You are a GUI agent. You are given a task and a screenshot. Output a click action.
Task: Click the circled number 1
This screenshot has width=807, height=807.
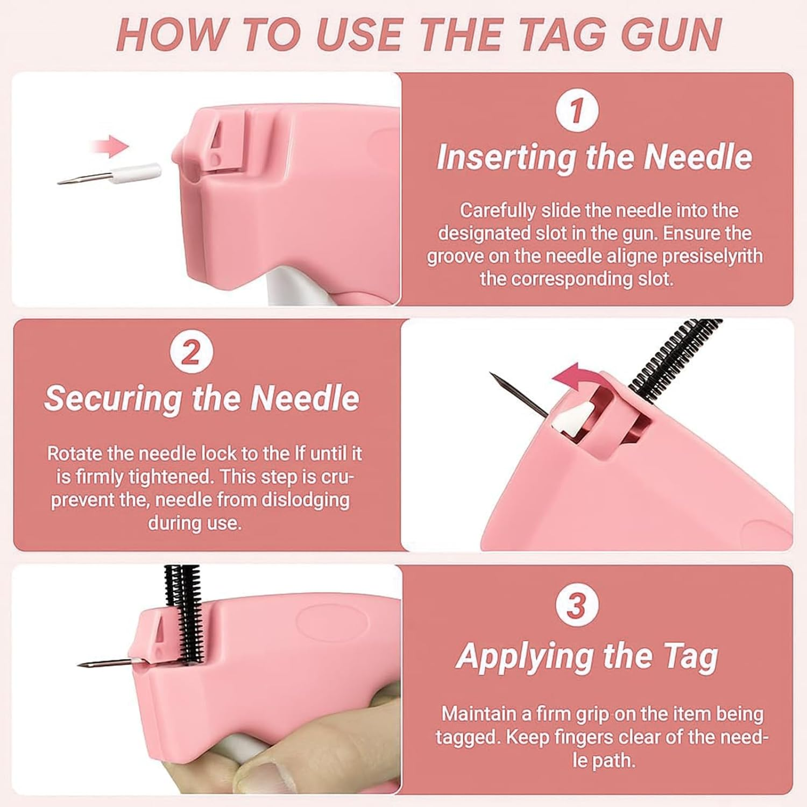[x=577, y=111]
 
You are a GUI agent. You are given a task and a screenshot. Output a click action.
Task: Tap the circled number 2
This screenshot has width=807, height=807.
[x=191, y=353]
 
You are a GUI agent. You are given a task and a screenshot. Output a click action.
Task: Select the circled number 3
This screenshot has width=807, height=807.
[x=576, y=605]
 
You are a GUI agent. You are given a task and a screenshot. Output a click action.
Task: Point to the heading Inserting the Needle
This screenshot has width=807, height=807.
[x=594, y=157]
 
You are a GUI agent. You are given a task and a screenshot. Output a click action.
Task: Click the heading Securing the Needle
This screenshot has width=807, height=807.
[x=202, y=398]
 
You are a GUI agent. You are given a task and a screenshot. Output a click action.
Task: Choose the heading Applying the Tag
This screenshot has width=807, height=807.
[x=587, y=656]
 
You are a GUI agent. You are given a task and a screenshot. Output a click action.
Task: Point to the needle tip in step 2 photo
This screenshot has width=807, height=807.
[x=492, y=374]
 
